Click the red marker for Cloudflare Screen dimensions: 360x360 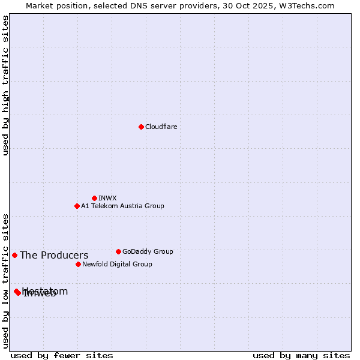(141, 127)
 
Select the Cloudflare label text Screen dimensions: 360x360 (161, 127)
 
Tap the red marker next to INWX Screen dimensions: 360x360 (94, 198)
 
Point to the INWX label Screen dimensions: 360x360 (107, 198)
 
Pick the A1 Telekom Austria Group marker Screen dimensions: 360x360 (77, 206)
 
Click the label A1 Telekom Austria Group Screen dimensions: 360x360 (122, 206)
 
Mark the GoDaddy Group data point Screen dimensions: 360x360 (118, 251)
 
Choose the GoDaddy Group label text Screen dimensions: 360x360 (148, 251)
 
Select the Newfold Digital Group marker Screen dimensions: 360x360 (78, 264)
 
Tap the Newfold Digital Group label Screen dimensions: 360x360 (117, 264)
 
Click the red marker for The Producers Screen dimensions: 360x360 (14, 255)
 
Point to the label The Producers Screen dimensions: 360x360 (54, 255)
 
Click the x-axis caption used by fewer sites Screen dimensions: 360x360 (62, 355)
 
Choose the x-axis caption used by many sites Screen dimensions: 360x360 (301, 355)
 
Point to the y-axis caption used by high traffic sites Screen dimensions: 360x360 (5, 85)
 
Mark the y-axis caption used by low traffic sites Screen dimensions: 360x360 (5, 281)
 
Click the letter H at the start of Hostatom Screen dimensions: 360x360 (25, 292)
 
